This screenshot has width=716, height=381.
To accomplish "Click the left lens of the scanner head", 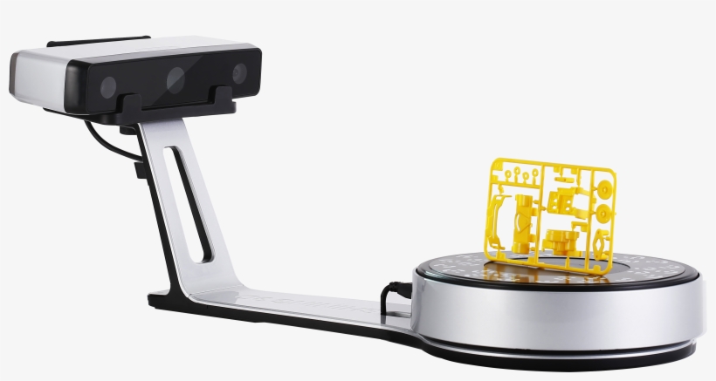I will coord(108,87).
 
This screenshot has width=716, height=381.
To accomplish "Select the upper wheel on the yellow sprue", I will coord(602,187).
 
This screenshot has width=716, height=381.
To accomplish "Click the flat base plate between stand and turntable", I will coord(288,305).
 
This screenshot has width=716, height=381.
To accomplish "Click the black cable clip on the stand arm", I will coord(140,170).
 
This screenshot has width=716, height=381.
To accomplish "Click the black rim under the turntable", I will coord(559,353).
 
